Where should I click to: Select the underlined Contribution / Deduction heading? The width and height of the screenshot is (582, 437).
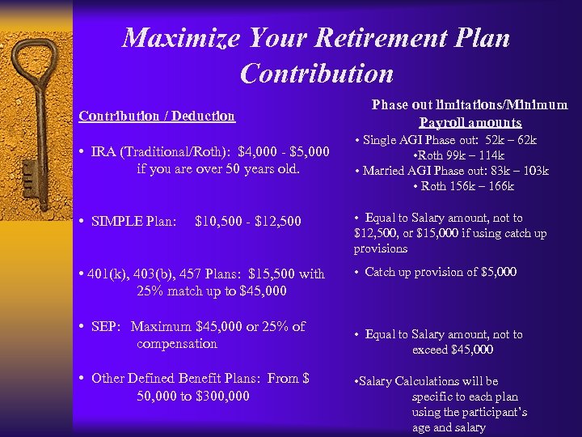tap(157, 116)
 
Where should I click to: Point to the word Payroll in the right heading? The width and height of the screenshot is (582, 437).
tap(440, 123)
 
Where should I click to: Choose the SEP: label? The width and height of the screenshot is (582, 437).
tap(108, 326)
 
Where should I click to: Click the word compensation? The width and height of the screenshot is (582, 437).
tap(177, 344)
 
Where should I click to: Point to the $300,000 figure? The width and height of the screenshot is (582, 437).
tap(222, 396)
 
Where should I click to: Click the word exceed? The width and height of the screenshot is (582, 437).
tap(430, 350)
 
